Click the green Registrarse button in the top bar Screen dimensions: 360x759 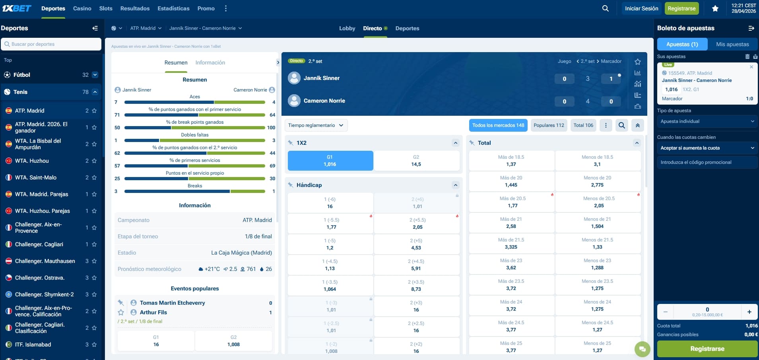[x=681, y=8]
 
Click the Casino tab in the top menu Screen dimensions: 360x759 [x=82, y=8]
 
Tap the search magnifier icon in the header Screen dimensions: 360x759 [x=605, y=8]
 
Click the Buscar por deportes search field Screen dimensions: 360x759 [x=52, y=44]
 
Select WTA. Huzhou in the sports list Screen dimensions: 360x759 [x=32, y=161]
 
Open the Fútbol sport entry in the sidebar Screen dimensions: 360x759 [x=22, y=75]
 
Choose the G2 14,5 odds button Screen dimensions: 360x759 [x=416, y=161]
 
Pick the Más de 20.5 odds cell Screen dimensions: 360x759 [x=512, y=202]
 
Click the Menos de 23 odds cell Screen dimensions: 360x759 [x=597, y=264]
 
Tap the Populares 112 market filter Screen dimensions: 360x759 [x=549, y=125]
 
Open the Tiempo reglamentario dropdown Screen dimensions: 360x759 [x=316, y=125]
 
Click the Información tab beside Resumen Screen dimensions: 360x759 [x=210, y=62]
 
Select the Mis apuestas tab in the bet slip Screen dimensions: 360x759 [x=732, y=44]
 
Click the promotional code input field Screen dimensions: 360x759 [x=707, y=162]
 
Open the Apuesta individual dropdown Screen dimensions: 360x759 [x=707, y=121]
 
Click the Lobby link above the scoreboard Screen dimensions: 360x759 [x=347, y=28]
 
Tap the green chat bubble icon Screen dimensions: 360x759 [x=642, y=349]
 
